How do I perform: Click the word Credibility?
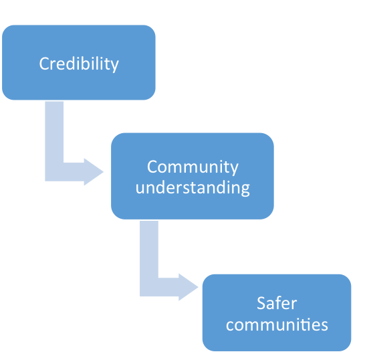click(79, 64)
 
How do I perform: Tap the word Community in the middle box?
click(193, 167)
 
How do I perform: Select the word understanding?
click(193, 188)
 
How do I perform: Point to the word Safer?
click(277, 303)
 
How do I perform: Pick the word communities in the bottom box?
click(277, 325)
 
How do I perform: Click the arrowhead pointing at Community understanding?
click(94, 172)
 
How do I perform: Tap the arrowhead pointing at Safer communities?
click(189, 287)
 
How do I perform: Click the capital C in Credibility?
click(44, 64)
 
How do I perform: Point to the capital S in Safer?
click(261, 303)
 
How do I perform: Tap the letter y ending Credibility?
click(114, 66)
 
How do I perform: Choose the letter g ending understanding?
click(245, 190)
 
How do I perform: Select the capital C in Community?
click(152, 167)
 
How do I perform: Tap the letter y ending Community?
click(234, 169)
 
